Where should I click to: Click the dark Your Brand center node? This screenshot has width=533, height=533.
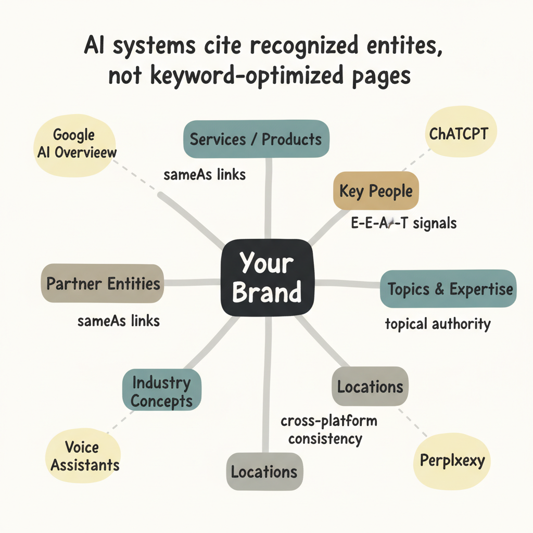267,278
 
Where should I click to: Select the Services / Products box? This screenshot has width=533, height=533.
256,139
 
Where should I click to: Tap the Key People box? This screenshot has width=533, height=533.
376,191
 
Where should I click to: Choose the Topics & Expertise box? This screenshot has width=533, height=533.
449,289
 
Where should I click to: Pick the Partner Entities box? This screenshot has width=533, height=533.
103,284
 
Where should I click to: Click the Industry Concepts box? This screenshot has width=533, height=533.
161,392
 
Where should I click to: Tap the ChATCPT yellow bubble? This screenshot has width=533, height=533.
459,134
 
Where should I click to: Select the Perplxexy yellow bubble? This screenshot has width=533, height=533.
451,461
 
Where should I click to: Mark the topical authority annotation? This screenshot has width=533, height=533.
438,324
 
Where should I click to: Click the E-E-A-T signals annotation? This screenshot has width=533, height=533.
403,223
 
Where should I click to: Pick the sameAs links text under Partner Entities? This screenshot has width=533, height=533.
119,321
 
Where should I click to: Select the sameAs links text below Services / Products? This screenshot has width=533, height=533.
205,175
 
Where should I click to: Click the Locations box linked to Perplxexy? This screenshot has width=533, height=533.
370,387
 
